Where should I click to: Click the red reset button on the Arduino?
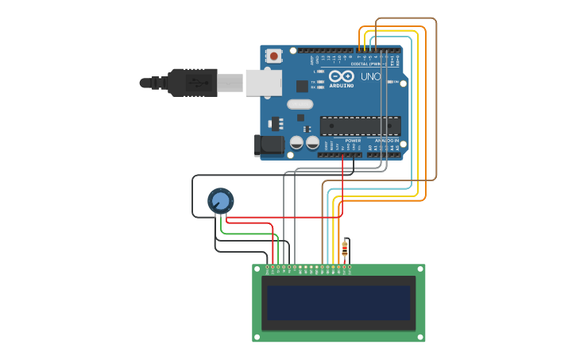coord(274,56)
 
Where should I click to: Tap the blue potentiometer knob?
coord(220,200)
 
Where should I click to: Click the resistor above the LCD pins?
coord(344,250)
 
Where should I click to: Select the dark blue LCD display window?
coord(338,303)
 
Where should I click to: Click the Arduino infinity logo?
coord(342,76)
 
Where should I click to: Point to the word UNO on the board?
coord(371,77)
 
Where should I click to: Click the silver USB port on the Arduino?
coord(263,83)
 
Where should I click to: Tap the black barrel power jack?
coord(269,145)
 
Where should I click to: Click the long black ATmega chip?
coord(360,126)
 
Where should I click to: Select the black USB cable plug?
coord(191,82)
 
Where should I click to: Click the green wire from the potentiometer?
coord(246,234)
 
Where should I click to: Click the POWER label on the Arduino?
coord(353,140)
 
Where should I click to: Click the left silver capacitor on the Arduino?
coord(296,142)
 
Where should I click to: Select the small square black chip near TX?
coord(302,86)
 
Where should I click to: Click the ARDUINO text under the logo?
coord(342,85)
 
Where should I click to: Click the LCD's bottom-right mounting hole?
coord(420,337)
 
